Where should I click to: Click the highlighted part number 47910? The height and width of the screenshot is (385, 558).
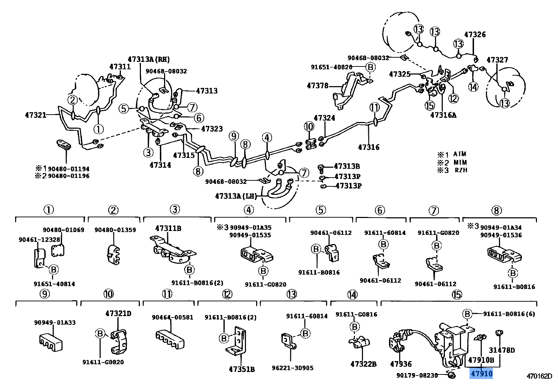coord(481,373)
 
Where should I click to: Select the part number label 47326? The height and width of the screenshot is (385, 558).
coord(475,34)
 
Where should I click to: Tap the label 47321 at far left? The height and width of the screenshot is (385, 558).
coord(35,115)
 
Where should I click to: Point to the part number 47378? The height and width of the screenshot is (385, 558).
coord(317,85)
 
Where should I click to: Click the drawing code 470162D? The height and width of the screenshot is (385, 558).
coord(539,376)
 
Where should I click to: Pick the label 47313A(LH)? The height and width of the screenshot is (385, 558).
coord(236,196)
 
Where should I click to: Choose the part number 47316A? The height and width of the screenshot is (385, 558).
coord(443,115)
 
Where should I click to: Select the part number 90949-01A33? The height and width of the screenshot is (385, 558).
coord(55,322)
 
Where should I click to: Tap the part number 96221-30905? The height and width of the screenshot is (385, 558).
coord(292,368)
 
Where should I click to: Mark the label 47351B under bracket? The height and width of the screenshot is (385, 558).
coord(242,369)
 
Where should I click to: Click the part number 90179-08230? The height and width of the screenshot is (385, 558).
coord(417,375)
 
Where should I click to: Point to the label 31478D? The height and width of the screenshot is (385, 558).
coord(502,350)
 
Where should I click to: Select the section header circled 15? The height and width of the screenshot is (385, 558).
coord(457,295)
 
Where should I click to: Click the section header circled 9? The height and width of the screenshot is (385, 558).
coord(45,294)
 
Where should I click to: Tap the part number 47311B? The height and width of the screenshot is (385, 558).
coord(168,228)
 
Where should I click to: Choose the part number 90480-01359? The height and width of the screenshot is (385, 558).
coord(115,230)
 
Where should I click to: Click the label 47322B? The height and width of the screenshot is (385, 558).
coord(363,364)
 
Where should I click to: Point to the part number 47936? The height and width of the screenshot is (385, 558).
coord(401,364)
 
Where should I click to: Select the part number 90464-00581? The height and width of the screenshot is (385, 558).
coord(173,317)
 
